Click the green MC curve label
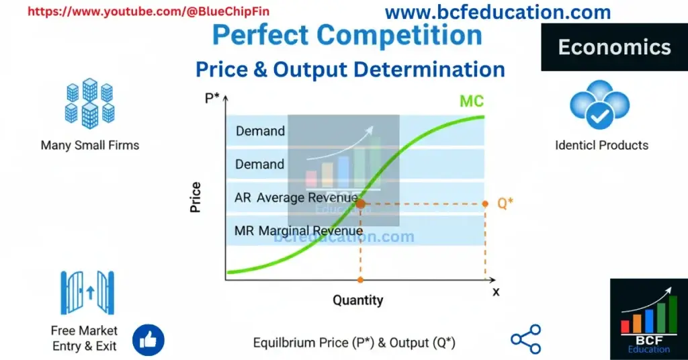coord(472,101)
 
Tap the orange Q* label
coord(505,204)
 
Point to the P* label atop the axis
coord(213,99)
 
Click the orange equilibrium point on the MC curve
coord(360,203)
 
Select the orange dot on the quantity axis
coord(361,279)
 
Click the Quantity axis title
coord(358,300)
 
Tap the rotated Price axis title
coord(196,197)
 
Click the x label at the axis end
coord(496,291)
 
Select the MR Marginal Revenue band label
coord(298,230)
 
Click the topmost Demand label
coord(260,131)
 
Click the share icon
coord(525,339)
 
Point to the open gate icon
coord(87,293)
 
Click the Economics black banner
coord(614,47)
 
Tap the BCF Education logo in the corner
coord(648,319)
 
